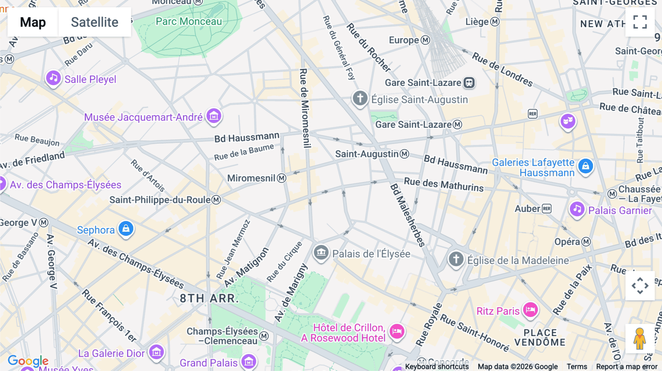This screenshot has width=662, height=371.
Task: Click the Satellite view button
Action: pyautogui.click(x=95, y=22)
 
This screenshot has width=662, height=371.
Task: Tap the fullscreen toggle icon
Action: pyautogui.click(x=640, y=22)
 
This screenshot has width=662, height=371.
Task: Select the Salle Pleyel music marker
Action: pyautogui.click(x=53, y=78)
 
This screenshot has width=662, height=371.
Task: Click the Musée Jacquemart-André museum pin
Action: pyautogui.click(x=214, y=116)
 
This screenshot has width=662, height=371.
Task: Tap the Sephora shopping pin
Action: pyautogui.click(x=126, y=229)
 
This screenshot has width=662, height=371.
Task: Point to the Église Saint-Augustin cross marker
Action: pyautogui.click(x=360, y=98)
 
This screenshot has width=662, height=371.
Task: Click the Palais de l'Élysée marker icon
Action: pyautogui.click(x=321, y=253)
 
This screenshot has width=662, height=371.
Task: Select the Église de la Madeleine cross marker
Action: pyautogui.click(x=456, y=259)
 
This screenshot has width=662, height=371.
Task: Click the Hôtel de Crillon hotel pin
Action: pyautogui.click(x=397, y=331)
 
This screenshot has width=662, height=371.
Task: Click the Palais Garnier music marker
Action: pyautogui.click(x=577, y=209)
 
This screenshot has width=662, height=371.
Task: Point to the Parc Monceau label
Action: pyautogui.click(x=189, y=21)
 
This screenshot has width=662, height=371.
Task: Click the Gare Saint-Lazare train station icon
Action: pyautogui.click(x=469, y=83)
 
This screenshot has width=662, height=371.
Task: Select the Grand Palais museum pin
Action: pyautogui.click(x=249, y=362)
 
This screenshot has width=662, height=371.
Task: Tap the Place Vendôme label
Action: pyautogui.click(x=540, y=338)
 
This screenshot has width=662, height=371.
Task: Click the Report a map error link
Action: pyautogui.click(x=626, y=366)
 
